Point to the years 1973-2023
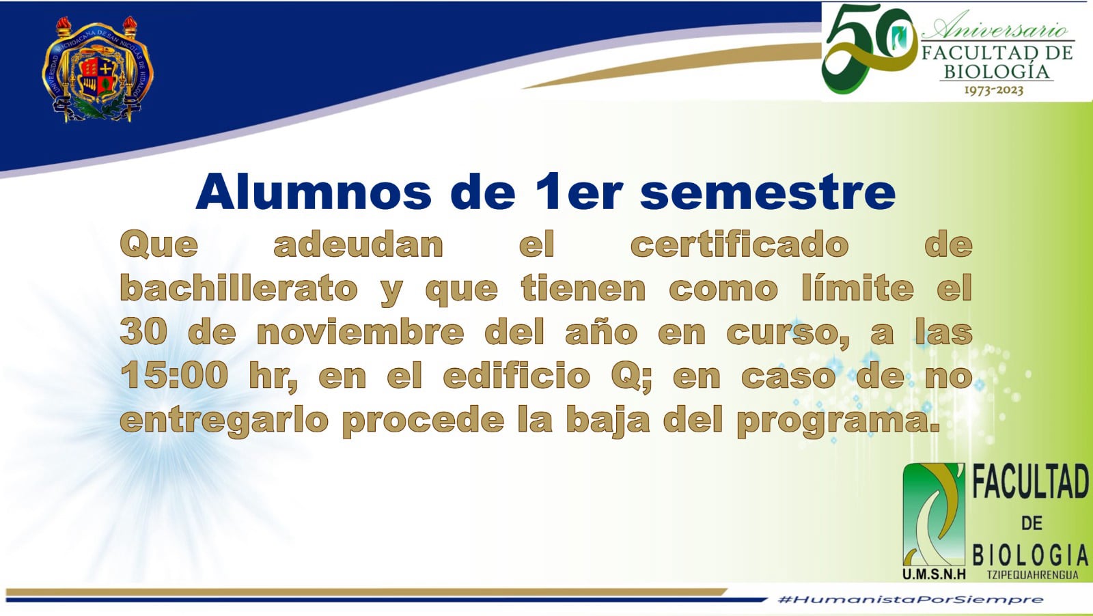coord(994,90)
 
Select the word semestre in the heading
coord(768,193)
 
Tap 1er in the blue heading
coord(579,192)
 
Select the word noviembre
coord(360,332)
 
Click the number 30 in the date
coord(143,332)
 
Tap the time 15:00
coord(174,376)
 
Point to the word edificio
coord(516,376)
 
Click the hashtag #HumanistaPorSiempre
coord(911,600)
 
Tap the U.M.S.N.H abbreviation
coord(934,574)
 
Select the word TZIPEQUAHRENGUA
coord(1032,575)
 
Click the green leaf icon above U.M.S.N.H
coord(934,514)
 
